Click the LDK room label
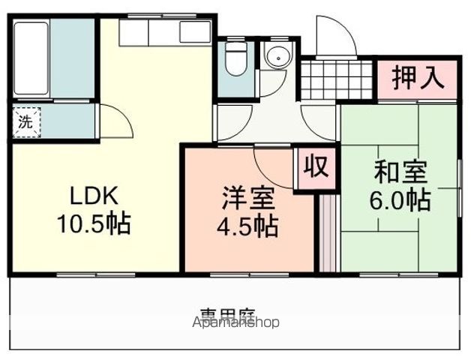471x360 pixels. [x=94, y=196]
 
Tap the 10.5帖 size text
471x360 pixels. [x=94, y=223]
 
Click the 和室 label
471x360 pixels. [x=400, y=173]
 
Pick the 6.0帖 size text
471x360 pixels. [x=400, y=200]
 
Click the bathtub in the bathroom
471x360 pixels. [x=31, y=58]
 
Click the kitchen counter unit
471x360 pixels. [x=165, y=31]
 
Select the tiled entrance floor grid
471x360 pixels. [x=337, y=78]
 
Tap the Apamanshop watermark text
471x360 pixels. [x=236, y=323]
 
